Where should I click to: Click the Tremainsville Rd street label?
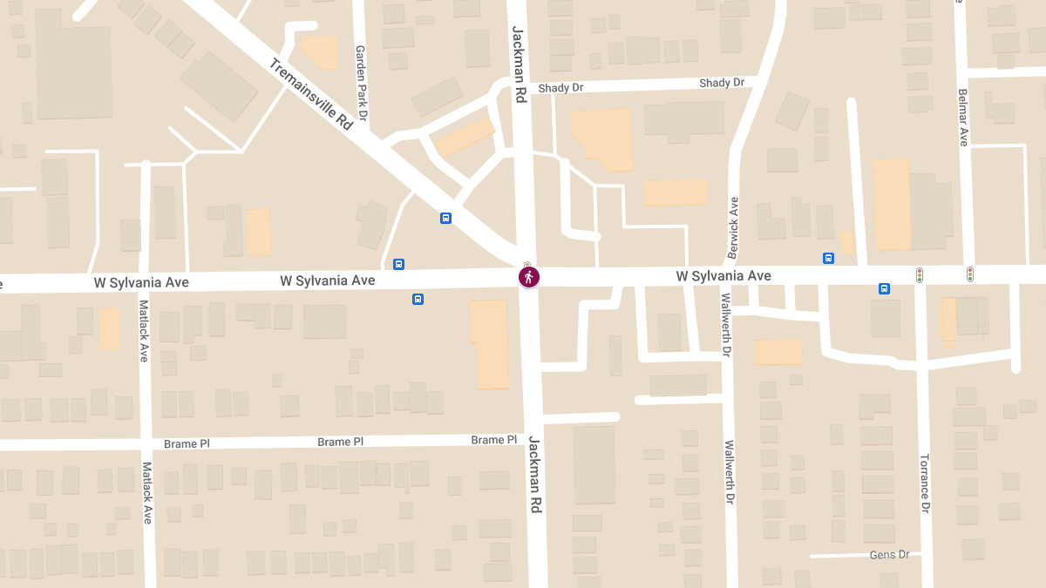[x=310, y=94]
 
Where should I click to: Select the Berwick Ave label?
[x=733, y=228]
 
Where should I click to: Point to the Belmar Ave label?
[x=963, y=117]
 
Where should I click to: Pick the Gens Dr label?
[x=889, y=555]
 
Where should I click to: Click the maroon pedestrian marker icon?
[x=529, y=277]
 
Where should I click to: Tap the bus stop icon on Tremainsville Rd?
[x=445, y=218]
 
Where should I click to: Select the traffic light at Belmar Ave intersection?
[x=969, y=274]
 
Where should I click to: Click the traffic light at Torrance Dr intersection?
[x=919, y=274]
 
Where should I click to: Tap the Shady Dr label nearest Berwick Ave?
[x=722, y=83]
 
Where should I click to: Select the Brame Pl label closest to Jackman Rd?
[x=493, y=440]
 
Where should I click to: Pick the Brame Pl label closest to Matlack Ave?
[x=187, y=443]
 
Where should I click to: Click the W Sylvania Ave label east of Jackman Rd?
[x=723, y=276]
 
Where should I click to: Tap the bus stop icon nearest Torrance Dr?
[x=884, y=288]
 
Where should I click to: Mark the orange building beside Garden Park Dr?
[x=320, y=51]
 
